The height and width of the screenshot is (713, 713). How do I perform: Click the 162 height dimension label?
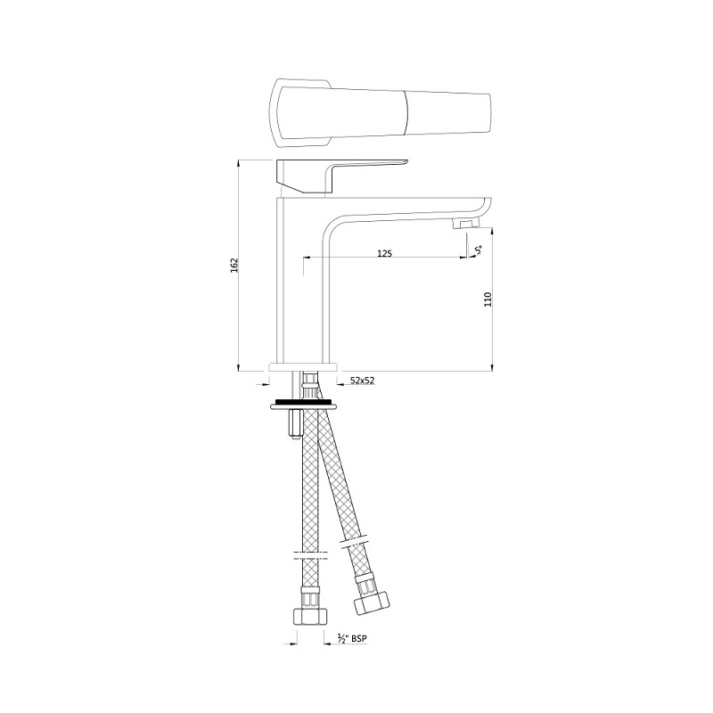click(x=234, y=265)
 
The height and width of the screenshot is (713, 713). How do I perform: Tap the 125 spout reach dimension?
click(x=384, y=254)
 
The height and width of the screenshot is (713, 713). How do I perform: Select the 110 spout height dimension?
click(x=488, y=299)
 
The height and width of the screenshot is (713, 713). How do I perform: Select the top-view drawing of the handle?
click(x=383, y=111)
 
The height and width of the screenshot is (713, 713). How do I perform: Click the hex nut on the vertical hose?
click(x=309, y=614)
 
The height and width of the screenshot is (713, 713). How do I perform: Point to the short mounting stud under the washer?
click(x=292, y=425)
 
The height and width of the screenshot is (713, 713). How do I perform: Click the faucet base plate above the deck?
click(x=305, y=366)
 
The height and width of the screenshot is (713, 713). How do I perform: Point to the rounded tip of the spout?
click(x=486, y=205)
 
